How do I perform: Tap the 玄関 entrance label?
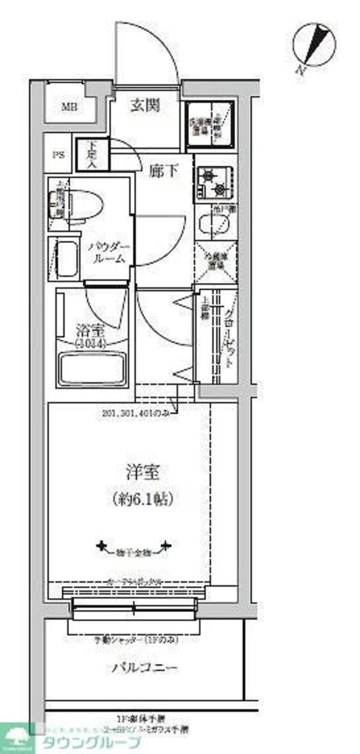point(145,106)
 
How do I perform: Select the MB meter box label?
point(70,108)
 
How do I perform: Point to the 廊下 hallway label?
point(164,172)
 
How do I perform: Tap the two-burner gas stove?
point(215,182)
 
